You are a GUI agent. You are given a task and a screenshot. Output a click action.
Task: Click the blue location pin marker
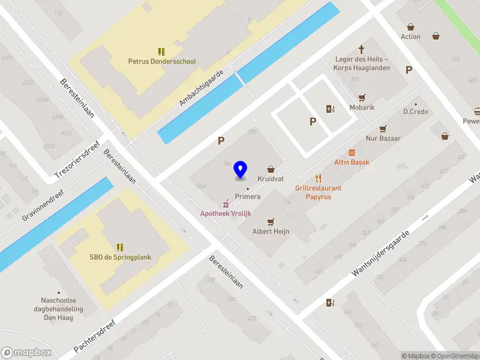point(241,170)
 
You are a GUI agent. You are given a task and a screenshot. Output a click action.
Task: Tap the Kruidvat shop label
point(271,179)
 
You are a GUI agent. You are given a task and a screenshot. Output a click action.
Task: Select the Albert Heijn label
point(271,231)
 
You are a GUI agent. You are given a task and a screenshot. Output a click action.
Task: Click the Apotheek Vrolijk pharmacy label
point(225,214)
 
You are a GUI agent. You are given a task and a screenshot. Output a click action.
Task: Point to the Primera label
point(247,197)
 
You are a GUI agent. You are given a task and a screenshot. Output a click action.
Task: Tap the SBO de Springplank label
point(120,257)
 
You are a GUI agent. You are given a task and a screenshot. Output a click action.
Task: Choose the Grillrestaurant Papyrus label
point(318,192)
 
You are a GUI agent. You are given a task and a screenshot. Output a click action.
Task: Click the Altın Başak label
point(352,162)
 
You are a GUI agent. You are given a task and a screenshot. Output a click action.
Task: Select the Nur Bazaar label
point(383,138)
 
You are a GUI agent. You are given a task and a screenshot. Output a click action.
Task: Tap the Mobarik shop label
point(362,107)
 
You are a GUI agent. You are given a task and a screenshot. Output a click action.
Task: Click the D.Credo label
point(415,112)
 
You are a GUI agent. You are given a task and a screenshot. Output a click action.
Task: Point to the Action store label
point(410,37)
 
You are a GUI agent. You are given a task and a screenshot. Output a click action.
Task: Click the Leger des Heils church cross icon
point(361,49)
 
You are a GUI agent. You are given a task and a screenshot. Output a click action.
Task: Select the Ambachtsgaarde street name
point(201,88)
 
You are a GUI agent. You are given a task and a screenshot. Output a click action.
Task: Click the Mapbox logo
point(26,352)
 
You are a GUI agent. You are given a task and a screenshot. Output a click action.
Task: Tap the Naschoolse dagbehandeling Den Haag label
point(58,310)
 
